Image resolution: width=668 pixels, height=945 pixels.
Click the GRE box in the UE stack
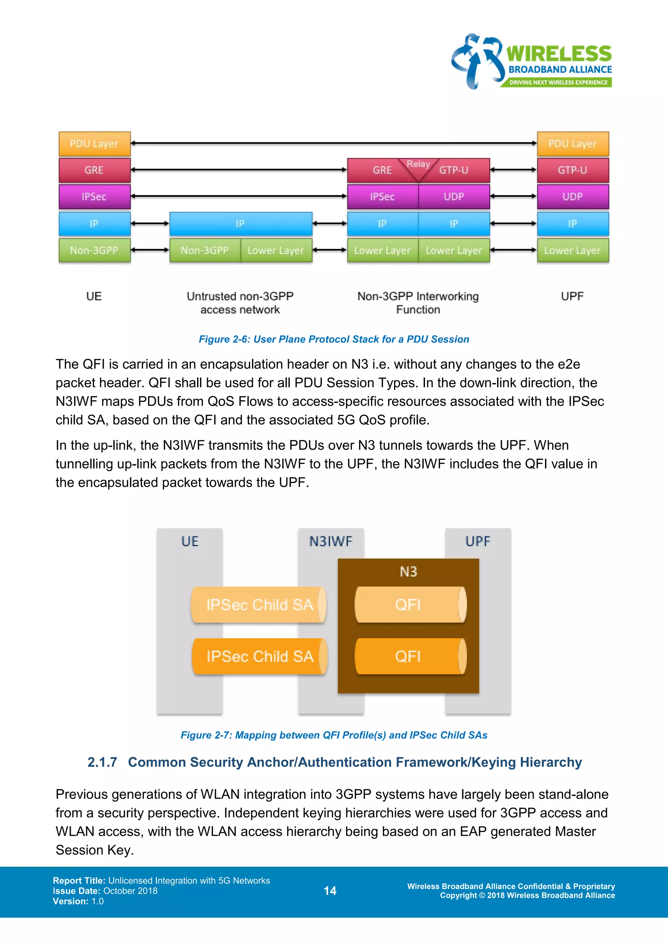[x=94, y=170]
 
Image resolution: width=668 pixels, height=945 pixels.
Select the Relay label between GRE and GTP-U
[x=418, y=164]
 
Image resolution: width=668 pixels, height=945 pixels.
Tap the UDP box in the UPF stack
[x=572, y=197]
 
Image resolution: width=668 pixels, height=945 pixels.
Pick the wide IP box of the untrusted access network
[x=241, y=224]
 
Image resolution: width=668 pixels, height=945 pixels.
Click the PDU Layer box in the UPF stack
[x=572, y=144]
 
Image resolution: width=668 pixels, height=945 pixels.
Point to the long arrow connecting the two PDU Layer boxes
[x=333, y=143]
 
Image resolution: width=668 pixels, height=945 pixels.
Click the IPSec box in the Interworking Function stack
[x=383, y=197]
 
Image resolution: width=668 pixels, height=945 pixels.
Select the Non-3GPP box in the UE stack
[x=94, y=250]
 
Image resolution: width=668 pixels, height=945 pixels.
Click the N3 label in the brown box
[x=408, y=572]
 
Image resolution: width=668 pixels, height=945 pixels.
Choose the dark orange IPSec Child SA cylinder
[x=260, y=656]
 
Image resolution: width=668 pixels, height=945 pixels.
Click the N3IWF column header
[x=331, y=541]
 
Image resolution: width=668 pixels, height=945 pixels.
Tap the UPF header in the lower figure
[x=478, y=541]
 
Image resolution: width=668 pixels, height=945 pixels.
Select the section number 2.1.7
[x=102, y=762]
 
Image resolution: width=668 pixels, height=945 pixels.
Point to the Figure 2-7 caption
[x=334, y=735]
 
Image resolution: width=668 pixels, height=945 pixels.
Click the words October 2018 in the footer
[x=130, y=891]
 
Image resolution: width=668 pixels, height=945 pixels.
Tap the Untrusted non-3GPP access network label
[x=240, y=302]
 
